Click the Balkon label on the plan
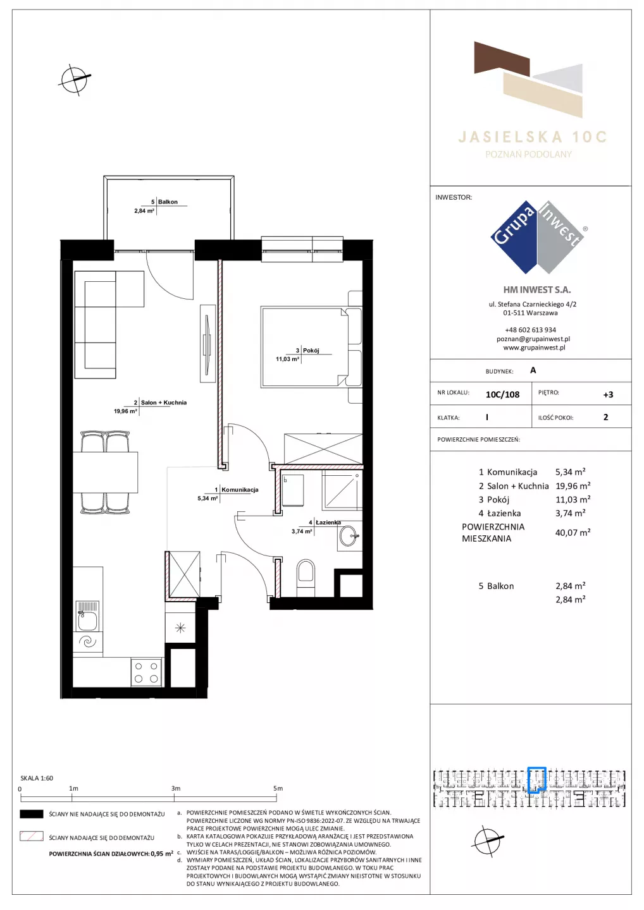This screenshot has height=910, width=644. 168,202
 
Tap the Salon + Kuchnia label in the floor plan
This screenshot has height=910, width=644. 164,403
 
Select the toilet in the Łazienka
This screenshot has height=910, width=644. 306,579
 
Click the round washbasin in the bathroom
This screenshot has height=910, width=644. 349,537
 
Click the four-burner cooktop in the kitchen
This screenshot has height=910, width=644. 146,672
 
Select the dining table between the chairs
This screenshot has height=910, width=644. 105,472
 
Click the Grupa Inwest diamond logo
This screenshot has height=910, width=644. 537,238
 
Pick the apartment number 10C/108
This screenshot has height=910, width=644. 502,394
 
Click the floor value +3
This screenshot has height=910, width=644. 608,394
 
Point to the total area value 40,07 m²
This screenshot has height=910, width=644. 573,532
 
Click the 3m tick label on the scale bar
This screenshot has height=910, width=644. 176,788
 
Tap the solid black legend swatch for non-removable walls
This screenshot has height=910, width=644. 31,814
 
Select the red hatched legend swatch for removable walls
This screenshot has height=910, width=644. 31,836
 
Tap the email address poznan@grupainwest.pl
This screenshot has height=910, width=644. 533,339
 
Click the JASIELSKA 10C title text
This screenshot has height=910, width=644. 533,137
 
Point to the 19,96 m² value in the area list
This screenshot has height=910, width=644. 573,485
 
